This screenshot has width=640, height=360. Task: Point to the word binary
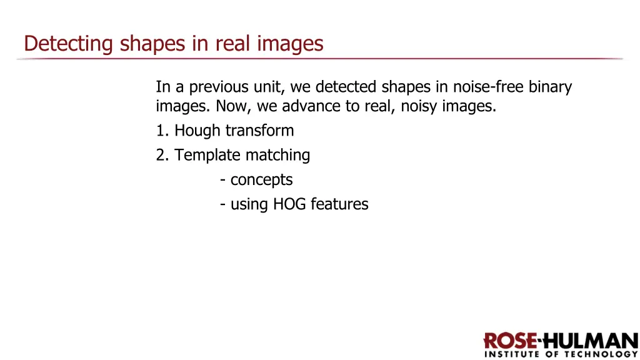(x=551, y=87)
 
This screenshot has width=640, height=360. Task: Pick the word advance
(x=311, y=106)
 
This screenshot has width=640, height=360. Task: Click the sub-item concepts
(x=261, y=180)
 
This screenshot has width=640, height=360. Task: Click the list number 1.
(x=161, y=131)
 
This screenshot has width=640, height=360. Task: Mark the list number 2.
(x=161, y=155)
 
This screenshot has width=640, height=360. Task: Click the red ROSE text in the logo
(x=510, y=342)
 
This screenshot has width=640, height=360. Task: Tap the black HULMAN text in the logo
(x=589, y=342)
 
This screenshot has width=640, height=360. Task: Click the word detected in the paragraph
(x=346, y=87)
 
